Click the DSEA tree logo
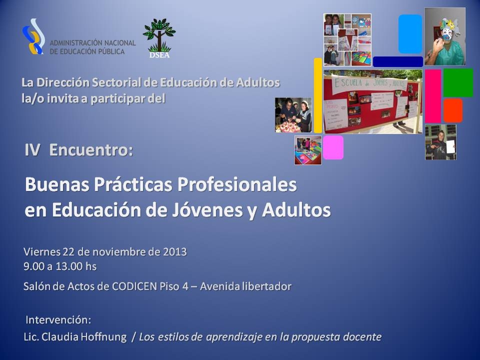pyautogui.click(x=159, y=38)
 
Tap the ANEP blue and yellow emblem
pyautogui.click(x=33, y=36)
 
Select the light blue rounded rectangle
pyautogui.click(x=410, y=33)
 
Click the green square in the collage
pyautogui.click(x=458, y=82)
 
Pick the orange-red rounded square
pyautogui.click(x=453, y=110)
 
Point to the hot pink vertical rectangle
pyautogui.click(x=433, y=96)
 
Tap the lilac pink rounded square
pyautogui.click(x=333, y=147)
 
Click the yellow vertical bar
pyautogui.click(x=318, y=95)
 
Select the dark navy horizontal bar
pyautogui.click(x=398, y=61)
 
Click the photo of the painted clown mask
pyautogui.click(x=445, y=36)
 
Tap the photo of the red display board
pyautogui.click(x=373, y=101)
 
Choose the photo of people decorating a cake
pyautogui.click(x=293, y=115)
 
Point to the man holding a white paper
pyautogui.click(x=440, y=142)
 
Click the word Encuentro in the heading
pyautogui.click(x=91, y=150)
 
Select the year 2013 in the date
pyautogui.click(x=175, y=251)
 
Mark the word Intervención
pyautogui.click(x=58, y=320)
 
